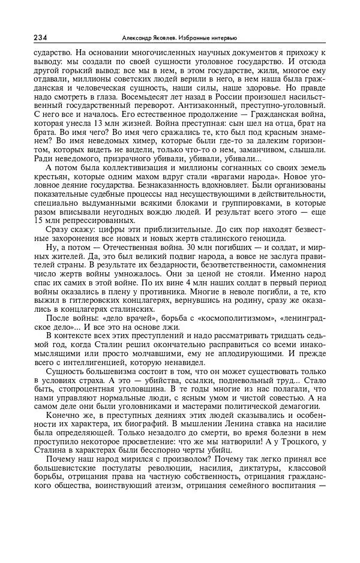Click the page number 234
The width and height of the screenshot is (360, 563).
(x=41, y=37)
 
